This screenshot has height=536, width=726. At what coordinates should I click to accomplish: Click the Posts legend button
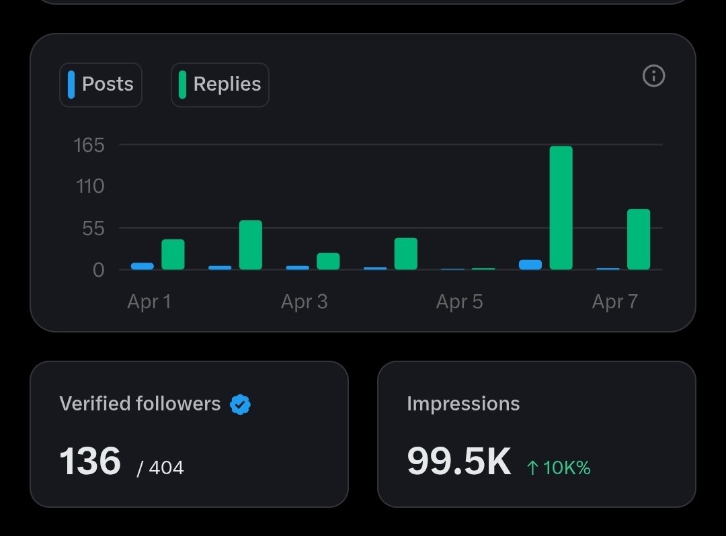tap(101, 85)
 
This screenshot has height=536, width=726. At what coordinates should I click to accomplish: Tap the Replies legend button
tap(220, 85)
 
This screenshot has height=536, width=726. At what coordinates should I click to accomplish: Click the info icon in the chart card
tap(653, 76)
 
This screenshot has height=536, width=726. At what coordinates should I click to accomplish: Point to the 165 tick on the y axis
tap(89, 144)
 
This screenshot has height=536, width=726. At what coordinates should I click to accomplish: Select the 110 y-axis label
tap(90, 186)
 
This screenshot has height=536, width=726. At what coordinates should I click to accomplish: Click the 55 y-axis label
tap(93, 228)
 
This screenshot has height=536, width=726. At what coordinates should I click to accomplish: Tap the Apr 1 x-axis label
tap(149, 302)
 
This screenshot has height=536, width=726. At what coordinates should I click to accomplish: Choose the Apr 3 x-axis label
tap(304, 302)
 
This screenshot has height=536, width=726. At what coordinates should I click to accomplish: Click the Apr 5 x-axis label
tap(459, 302)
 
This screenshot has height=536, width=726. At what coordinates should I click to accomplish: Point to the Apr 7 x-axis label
tap(614, 302)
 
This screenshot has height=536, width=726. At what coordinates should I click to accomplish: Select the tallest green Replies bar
tap(561, 208)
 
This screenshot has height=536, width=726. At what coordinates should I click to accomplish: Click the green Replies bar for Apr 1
tap(173, 255)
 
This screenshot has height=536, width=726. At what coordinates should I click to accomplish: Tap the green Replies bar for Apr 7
tap(639, 240)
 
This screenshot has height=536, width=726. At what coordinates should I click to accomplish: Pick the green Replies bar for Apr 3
tap(328, 261)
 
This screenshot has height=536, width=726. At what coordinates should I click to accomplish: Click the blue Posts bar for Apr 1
tap(143, 266)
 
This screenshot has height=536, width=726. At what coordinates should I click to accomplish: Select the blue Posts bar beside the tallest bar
tap(530, 265)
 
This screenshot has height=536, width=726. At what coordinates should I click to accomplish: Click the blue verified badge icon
tap(240, 404)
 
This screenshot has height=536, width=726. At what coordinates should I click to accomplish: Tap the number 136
tap(90, 461)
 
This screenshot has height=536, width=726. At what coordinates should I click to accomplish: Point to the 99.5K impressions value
tap(459, 461)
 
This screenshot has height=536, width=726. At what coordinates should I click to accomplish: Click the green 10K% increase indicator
tap(559, 467)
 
